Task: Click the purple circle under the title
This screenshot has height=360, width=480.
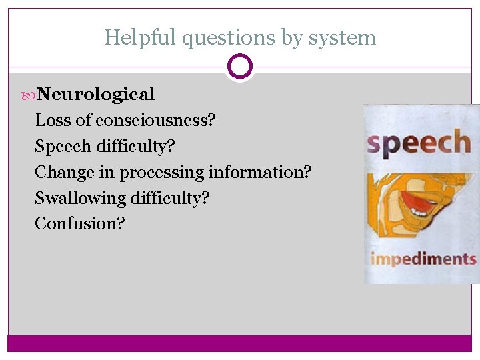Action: pyautogui.click(x=239, y=66)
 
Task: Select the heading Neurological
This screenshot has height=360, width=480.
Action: pyautogui.click(x=95, y=94)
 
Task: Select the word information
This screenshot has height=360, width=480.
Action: pyautogui.click(x=259, y=172)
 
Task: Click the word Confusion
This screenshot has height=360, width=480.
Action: pyautogui.click(x=79, y=223)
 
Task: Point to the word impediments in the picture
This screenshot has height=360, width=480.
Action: pyautogui.click(x=423, y=259)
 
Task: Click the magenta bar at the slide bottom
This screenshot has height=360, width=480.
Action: pyautogui.click(x=239, y=343)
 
